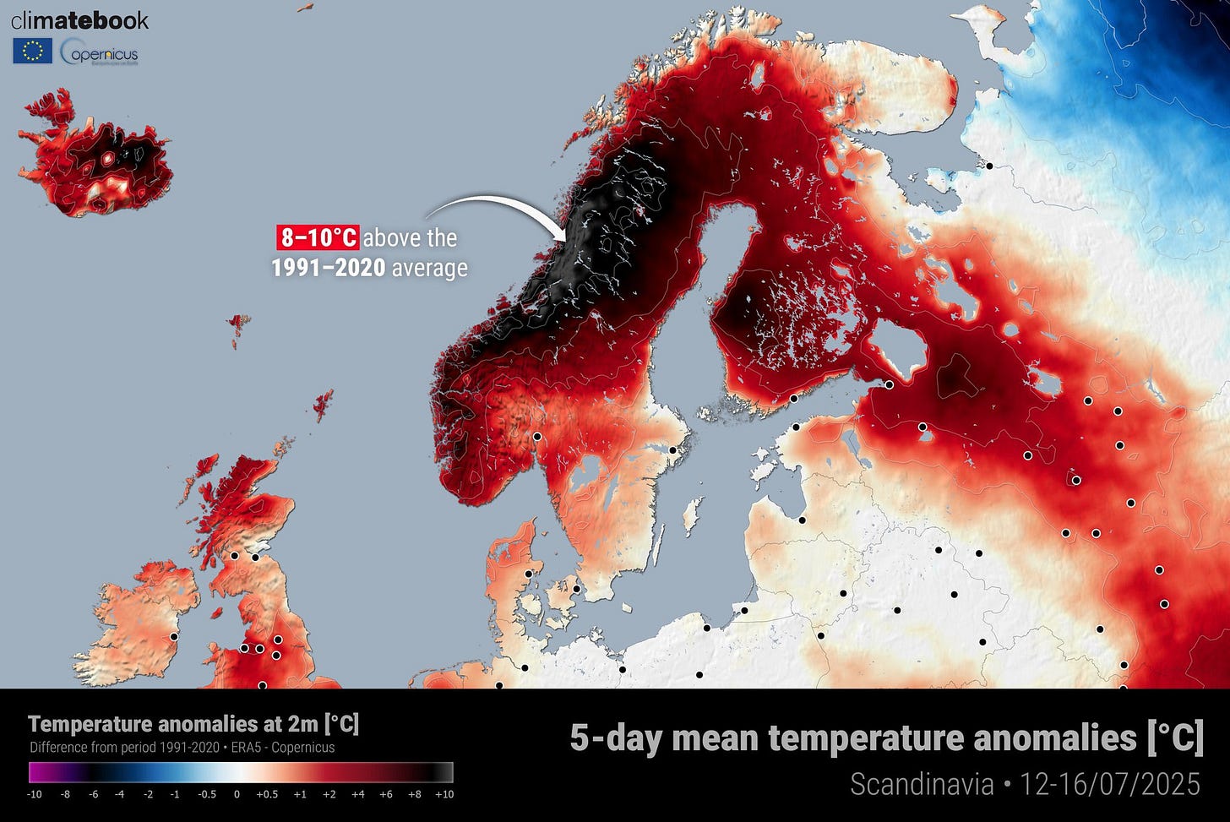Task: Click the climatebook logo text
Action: tap(79, 21)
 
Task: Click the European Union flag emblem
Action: tap(32, 52)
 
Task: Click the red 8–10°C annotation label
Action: tap(318, 237)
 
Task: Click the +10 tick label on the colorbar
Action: tap(444, 794)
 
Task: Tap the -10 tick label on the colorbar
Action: tap(35, 794)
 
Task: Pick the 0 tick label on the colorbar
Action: tap(237, 794)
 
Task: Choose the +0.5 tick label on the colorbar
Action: tap(267, 794)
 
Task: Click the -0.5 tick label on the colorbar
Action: tap(206, 794)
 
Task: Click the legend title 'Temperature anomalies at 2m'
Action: tap(193, 724)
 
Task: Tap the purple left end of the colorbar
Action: tap(38, 772)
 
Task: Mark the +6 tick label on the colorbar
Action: tap(386, 794)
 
